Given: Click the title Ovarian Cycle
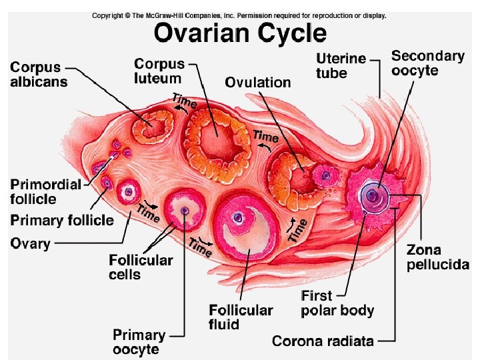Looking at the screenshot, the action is pos(240,33).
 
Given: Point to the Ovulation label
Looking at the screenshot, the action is pos(257,83).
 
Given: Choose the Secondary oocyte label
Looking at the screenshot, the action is pos(427,63).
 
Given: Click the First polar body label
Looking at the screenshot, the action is pos(337,303).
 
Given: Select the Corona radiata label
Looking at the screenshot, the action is pos(323,341).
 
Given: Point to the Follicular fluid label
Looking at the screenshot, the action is pos(241,317).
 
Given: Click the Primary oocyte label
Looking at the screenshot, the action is pos(139,341).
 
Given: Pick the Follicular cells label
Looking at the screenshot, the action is pos(141,267).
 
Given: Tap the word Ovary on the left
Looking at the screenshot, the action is pos(30,243).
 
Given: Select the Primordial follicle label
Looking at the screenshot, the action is pos(45,191).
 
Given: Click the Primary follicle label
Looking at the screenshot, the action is pos(61,220).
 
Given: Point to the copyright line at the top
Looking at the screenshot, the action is pos(239,15).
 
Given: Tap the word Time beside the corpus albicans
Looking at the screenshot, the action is pos(184,101).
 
